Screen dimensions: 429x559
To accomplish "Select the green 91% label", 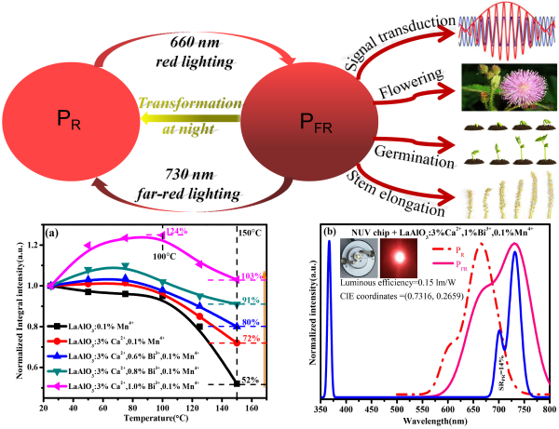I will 251,300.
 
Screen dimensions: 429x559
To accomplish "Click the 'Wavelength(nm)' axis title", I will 436,420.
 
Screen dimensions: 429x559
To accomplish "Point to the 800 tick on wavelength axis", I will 550,408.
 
